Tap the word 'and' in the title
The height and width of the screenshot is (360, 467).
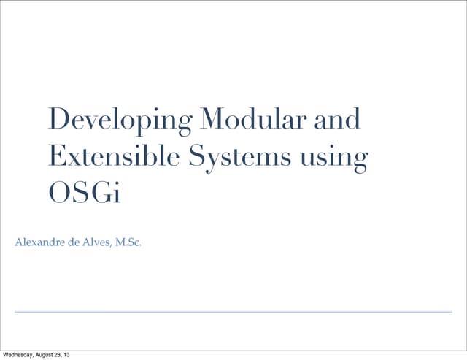point(337,119)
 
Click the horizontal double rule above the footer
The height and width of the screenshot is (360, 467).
point(233,311)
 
